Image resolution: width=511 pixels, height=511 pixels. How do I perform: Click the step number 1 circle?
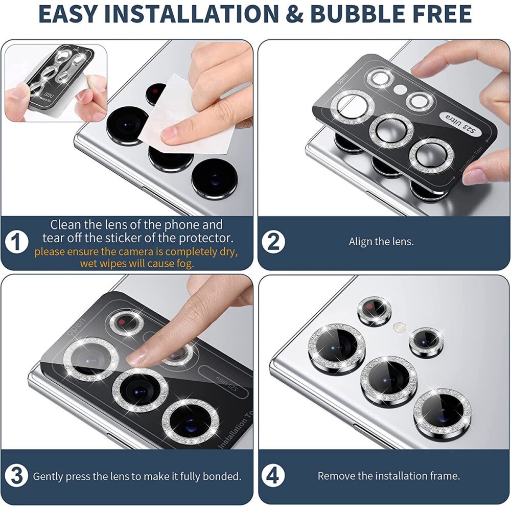pos(17,242)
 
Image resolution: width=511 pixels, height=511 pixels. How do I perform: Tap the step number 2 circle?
pos(273,242)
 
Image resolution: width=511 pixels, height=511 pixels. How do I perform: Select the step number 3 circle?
pos(17,476)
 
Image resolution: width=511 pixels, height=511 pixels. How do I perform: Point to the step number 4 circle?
pos(273,476)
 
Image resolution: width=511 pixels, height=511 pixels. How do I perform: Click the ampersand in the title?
pos(293,14)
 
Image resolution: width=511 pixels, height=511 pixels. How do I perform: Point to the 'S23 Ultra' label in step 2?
pos(454,122)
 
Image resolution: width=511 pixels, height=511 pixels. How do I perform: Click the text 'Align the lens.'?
pos(381,242)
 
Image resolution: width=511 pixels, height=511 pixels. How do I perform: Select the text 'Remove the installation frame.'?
pos(388,476)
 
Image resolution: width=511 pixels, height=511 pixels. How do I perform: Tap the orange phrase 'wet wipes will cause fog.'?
pos(136,264)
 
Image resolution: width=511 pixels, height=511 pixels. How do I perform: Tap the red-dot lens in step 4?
pos(374,310)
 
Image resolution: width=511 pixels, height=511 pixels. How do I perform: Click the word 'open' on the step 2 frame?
pos(342,80)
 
